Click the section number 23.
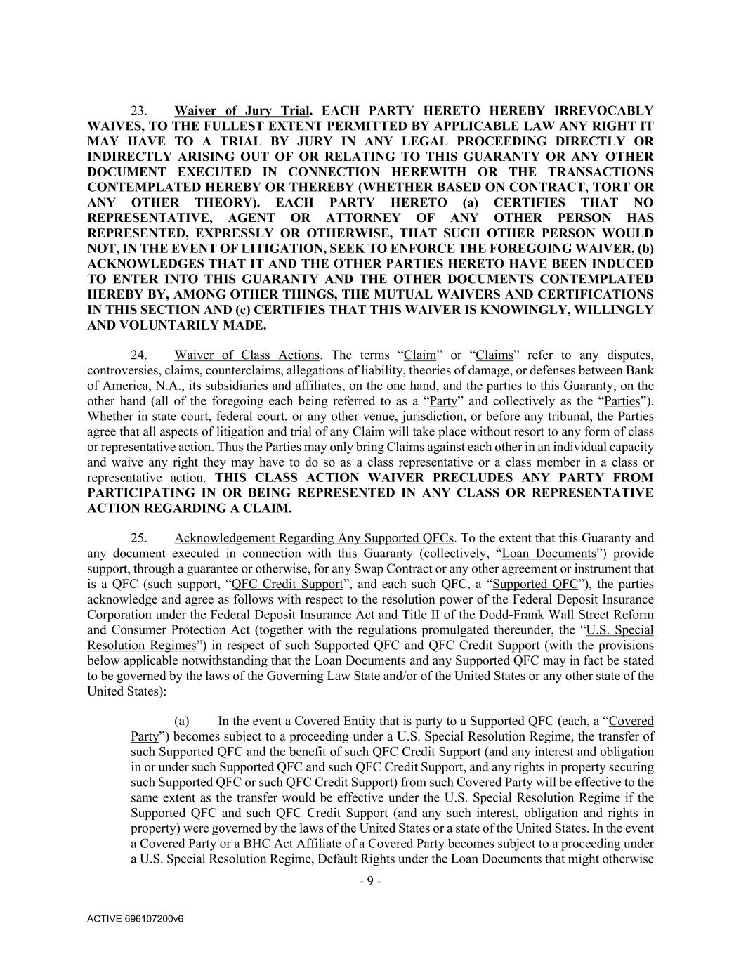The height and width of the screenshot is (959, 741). tap(138, 111)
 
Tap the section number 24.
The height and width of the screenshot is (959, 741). tap(138, 355)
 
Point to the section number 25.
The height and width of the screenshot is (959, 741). tap(138, 539)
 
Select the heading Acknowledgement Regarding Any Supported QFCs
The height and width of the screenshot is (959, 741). tap(313, 539)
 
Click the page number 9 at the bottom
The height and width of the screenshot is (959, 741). tap(370, 882)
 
